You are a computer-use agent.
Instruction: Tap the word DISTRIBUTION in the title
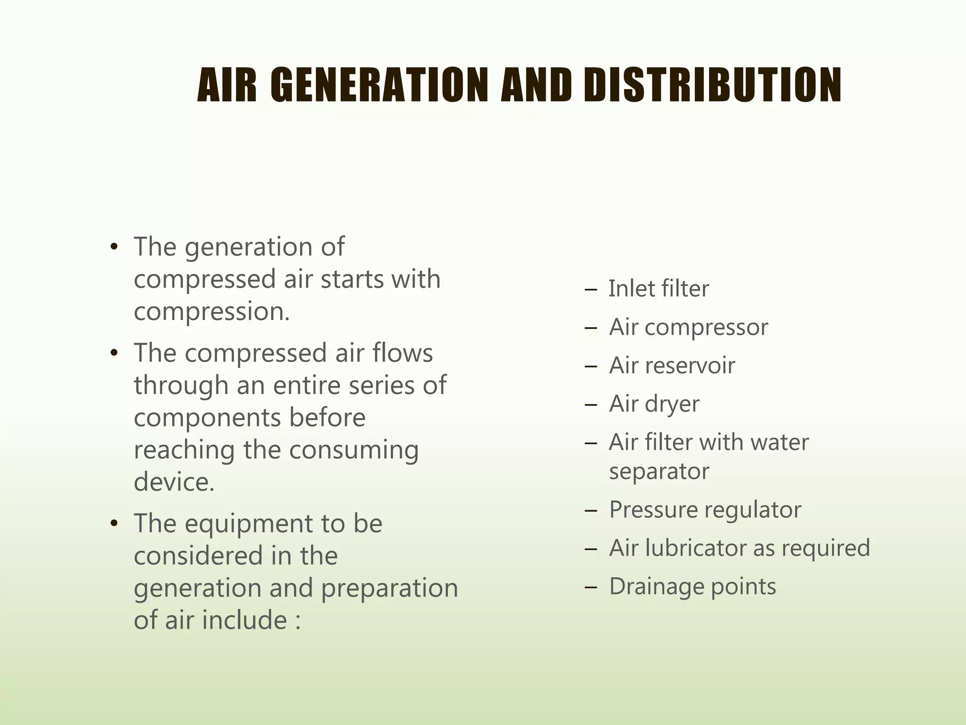(712, 85)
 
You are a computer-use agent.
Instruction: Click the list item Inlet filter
(658, 288)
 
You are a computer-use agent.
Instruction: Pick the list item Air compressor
(688, 327)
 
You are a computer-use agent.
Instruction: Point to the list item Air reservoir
(672, 365)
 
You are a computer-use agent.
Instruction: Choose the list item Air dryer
(654, 404)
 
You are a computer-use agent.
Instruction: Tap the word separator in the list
(659, 471)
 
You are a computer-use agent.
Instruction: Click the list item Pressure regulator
(705, 510)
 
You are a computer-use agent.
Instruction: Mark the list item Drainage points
(692, 587)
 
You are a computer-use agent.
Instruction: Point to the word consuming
(354, 450)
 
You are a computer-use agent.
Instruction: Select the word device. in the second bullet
(174, 482)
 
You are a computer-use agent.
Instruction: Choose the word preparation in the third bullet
(390, 588)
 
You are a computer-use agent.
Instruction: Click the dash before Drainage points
(590, 588)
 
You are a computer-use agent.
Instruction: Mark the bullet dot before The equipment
(113, 524)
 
